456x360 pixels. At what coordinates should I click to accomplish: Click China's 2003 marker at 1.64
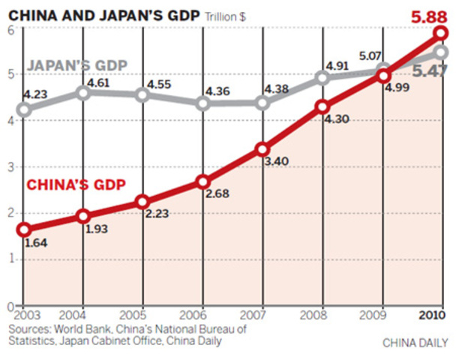(24, 229)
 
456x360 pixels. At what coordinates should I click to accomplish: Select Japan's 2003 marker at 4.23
(24, 110)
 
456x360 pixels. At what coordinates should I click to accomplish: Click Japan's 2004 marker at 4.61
(83, 93)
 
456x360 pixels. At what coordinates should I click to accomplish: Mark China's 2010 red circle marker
(441, 34)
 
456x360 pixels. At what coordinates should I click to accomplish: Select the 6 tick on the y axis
(11, 28)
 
